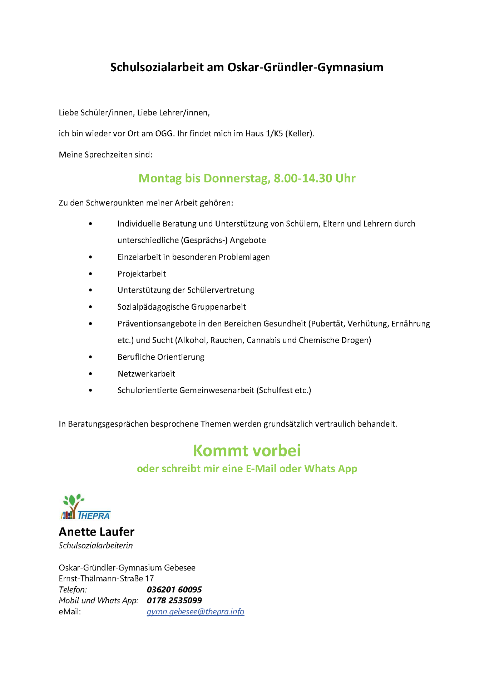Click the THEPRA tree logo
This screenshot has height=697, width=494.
85,506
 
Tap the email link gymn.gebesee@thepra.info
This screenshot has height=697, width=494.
195,611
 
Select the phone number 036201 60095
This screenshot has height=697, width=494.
174,590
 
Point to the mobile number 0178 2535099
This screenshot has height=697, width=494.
174,600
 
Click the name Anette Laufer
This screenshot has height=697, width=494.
97,532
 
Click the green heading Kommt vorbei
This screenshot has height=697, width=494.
247,451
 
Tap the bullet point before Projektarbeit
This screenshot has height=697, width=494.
90,274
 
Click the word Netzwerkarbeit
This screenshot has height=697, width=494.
146,374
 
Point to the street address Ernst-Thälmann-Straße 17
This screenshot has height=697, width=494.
106,579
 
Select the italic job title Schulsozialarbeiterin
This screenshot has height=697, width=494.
96,546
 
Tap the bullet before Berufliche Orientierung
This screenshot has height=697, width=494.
90,357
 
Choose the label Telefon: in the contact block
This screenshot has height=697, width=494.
73,590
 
